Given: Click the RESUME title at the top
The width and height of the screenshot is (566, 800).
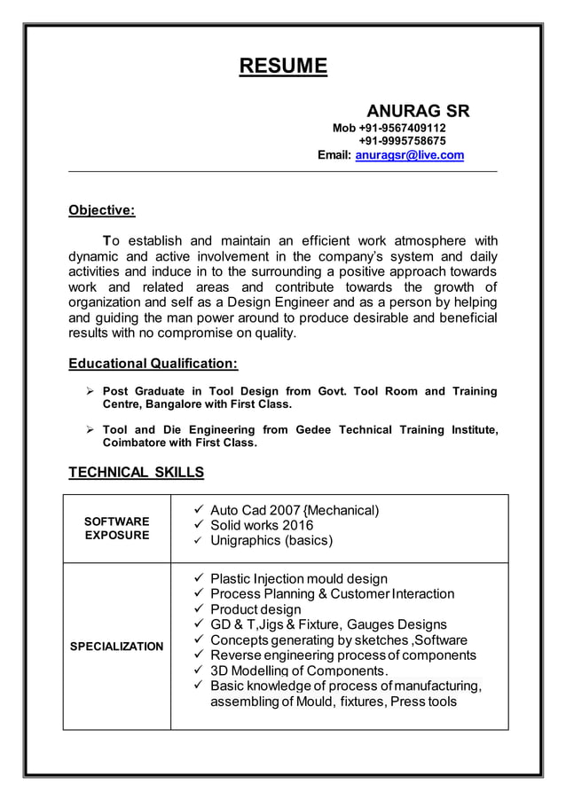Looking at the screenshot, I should point(283,67).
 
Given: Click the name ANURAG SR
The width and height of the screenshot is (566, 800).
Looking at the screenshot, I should point(418,112).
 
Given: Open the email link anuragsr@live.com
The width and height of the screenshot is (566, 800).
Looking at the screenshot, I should point(409,155).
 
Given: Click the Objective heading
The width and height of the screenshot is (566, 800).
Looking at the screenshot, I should point(102,210).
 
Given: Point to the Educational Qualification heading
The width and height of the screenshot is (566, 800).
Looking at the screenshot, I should point(153,363).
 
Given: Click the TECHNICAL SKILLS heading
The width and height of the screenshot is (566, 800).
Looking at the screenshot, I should point(136,472).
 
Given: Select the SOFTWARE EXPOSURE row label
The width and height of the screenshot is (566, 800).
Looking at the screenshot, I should point(117,529).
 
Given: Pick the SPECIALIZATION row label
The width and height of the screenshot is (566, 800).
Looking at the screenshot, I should point(117,647).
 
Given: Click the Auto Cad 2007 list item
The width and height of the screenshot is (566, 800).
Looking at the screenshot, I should point(295,510).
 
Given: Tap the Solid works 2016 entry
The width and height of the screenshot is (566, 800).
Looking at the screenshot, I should point(262,525).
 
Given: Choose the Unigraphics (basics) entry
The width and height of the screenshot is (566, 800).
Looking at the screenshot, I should point(271,540).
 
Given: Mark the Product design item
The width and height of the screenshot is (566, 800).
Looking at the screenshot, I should point(255,609).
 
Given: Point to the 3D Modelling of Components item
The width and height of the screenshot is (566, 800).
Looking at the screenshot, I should point(299,671).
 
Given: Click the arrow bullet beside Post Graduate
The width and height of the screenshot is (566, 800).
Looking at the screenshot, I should point(89,391).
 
